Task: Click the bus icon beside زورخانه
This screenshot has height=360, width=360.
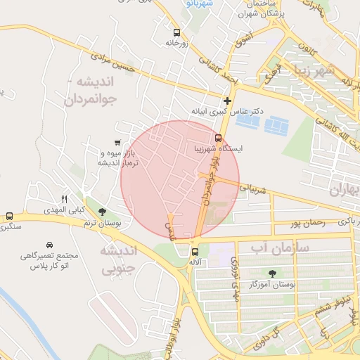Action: tap(176, 32)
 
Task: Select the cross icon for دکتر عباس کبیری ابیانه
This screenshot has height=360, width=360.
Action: tap(227, 101)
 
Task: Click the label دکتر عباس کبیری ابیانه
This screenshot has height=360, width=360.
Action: tap(226, 112)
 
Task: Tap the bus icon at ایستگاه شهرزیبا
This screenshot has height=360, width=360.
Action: tap(218, 137)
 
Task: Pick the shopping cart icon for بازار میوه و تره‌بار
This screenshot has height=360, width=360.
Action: tap(117, 142)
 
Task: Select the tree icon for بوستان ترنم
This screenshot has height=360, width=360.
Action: tap(103, 212)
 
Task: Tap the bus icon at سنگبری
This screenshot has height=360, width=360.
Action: tap(9, 217)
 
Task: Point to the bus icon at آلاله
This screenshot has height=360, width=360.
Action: tap(195, 252)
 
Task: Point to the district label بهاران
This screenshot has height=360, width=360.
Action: tap(344, 191)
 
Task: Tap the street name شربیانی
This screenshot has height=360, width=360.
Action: tap(254, 188)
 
